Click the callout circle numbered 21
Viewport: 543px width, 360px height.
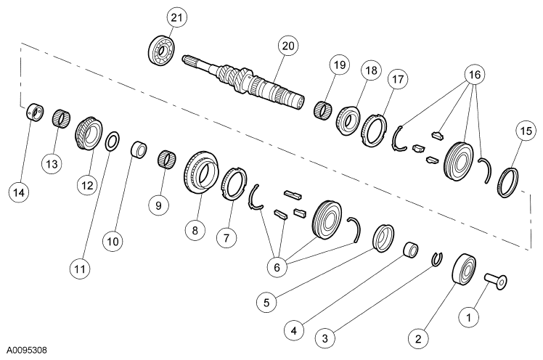176,17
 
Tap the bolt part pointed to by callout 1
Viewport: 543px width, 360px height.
494,279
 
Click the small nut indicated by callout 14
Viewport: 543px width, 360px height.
31,114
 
